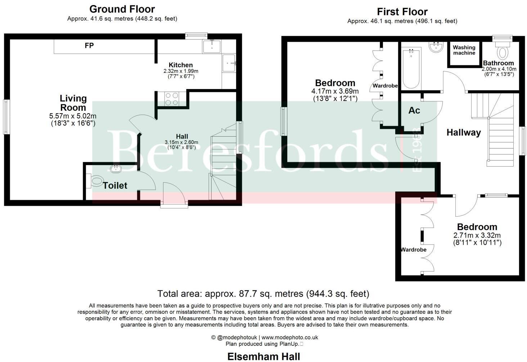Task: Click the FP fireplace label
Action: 89,46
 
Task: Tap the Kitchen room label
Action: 181,65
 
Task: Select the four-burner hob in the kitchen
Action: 172,99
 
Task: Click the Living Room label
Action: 73,103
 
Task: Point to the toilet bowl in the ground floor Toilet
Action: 96,181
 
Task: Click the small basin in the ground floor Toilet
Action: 116,168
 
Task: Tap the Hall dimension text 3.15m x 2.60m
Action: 182,142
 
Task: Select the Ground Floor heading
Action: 122,9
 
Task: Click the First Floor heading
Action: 402,12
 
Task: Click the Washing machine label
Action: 464,50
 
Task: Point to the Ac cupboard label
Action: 414,110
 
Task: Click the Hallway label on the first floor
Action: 464,132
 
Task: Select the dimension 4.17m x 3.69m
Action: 335,91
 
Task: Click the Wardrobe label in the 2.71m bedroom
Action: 414,250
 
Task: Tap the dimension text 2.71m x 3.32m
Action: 477,235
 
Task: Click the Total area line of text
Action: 263,293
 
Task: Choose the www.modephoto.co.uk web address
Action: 290,337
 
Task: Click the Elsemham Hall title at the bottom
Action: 263,357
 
